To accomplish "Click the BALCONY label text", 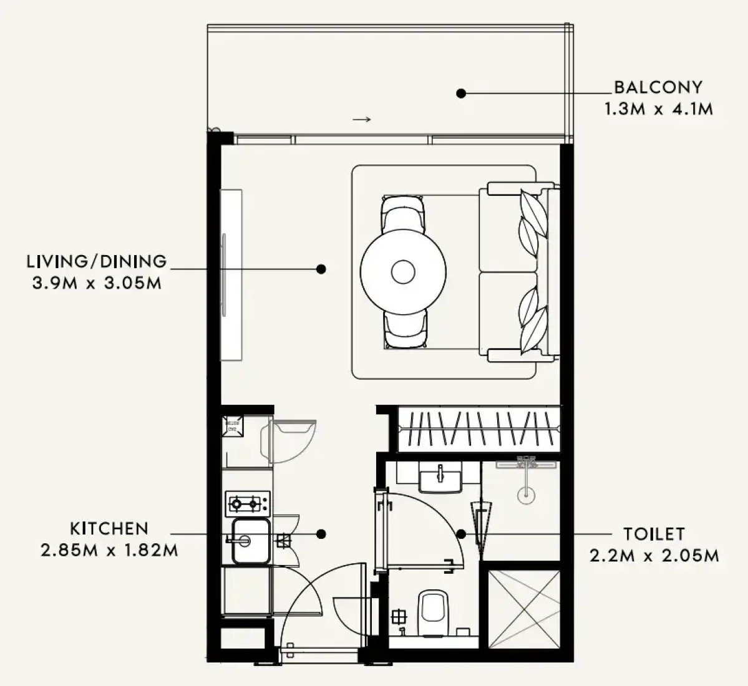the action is coord(658,87).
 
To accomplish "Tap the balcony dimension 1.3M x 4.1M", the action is coord(659,109).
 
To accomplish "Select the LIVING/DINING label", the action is coord(97,261).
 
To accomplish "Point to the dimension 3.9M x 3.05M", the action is coord(97,283).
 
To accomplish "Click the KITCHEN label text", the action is coord(109,528).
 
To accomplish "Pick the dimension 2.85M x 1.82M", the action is coord(109,551).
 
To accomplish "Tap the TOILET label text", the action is coord(654,534).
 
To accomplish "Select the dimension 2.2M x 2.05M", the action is coord(654,556).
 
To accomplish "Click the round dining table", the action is coord(403,272).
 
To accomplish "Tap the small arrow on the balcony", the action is coord(362,119).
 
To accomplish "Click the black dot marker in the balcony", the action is coord(461,94).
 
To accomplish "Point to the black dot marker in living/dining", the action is coord(321,269).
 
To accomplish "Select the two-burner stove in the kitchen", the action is coord(248,503).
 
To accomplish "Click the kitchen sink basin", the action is coord(251,541).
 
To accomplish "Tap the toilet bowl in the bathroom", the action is coord(433,613).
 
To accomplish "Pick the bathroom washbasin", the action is coord(440,476).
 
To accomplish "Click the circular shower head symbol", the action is coord(526,495).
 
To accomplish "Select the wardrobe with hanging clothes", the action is coord(478,428).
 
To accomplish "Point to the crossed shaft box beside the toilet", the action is coord(524,609).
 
